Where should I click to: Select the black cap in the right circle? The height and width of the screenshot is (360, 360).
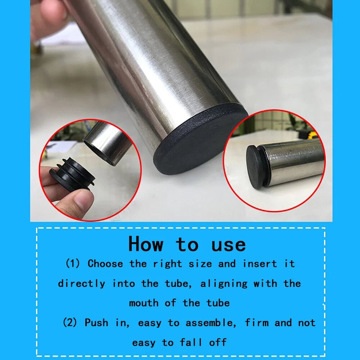(x=257, y=167)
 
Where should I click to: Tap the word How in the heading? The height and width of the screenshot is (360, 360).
(x=146, y=244)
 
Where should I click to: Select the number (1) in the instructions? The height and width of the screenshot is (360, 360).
(x=73, y=264)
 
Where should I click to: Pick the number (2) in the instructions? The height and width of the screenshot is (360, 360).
(x=70, y=323)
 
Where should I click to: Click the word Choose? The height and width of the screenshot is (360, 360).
(x=105, y=264)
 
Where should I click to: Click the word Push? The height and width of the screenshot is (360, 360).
(x=96, y=323)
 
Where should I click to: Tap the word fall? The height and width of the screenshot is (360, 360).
(x=191, y=342)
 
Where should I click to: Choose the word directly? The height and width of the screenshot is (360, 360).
(x=82, y=283)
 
